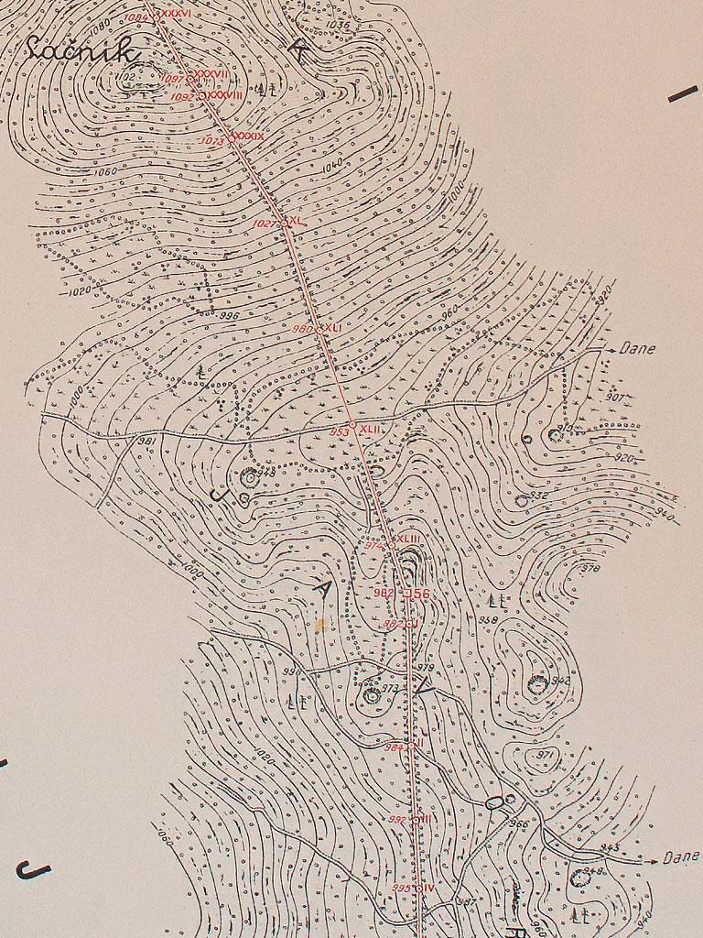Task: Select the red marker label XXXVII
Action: tap(211, 74)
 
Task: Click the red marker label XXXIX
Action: tap(248, 136)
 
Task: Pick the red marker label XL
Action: tap(297, 222)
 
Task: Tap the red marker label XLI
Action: tap(330, 327)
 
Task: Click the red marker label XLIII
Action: tap(408, 539)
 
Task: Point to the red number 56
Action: tap(417, 594)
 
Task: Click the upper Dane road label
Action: tap(637, 349)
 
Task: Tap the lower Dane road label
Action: tap(680, 858)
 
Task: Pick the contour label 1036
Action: tap(337, 26)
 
